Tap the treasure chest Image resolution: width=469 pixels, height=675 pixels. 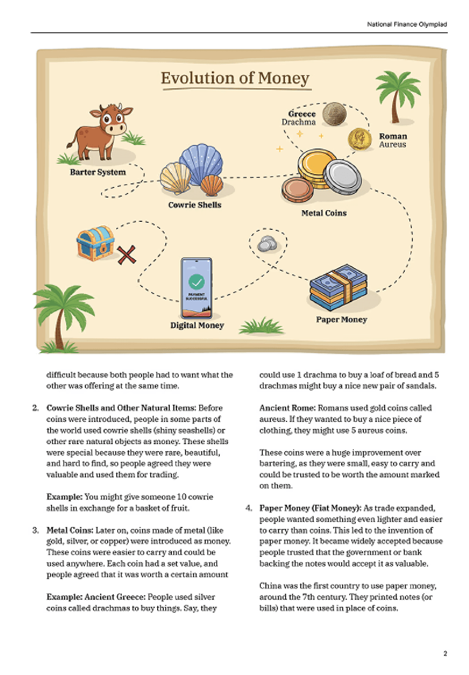click(x=95, y=243)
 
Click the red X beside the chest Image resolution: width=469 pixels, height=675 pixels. click(x=126, y=255)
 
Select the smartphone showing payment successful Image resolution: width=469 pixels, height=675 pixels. click(x=197, y=287)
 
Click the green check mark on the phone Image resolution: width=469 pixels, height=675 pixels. click(x=197, y=281)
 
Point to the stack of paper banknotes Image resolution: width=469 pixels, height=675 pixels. click(x=338, y=287)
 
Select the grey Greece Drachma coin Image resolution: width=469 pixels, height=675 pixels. click(x=334, y=114)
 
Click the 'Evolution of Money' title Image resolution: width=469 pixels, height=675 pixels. click(x=235, y=78)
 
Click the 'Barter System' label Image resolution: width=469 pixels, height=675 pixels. click(x=98, y=172)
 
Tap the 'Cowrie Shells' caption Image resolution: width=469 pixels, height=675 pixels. click(x=195, y=205)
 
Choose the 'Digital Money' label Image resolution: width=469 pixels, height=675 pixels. click(x=197, y=325)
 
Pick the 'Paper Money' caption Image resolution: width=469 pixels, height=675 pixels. click(x=342, y=320)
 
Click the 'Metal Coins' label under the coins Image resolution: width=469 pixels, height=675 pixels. click(x=324, y=213)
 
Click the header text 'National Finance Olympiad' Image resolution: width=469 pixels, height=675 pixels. click(x=407, y=24)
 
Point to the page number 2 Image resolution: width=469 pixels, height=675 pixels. click(x=445, y=653)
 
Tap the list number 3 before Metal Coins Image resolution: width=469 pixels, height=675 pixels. click(x=35, y=530)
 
